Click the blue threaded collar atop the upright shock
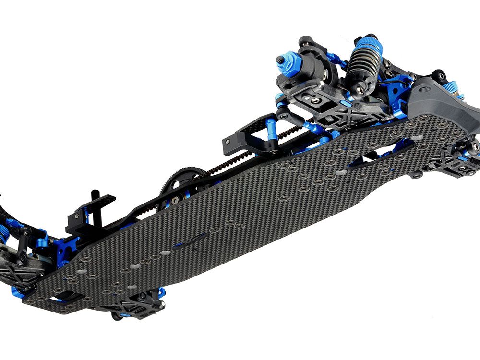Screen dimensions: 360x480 (x=368, y=46)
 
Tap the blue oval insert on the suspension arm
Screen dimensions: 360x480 (x=345, y=103)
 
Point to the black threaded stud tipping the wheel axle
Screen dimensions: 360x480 (x=279, y=60)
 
